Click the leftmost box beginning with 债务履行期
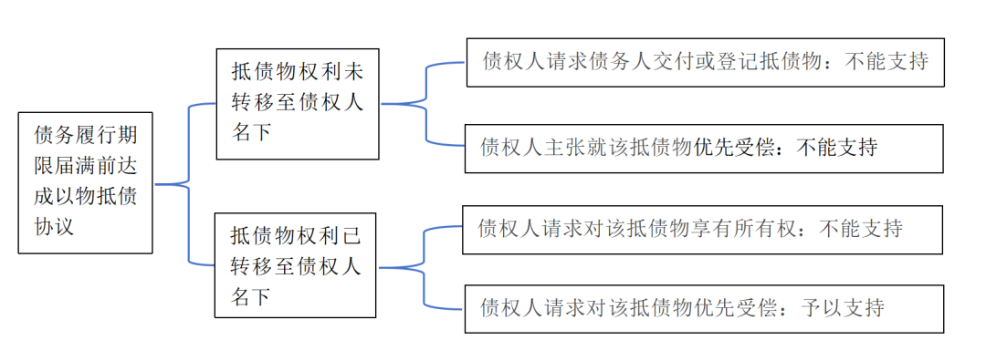click(x=85, y=182)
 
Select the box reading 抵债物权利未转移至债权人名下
click(x=297, y=103)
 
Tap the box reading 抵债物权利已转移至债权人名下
click(x=295, y=265)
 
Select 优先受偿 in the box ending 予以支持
click(x=722, y=307)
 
